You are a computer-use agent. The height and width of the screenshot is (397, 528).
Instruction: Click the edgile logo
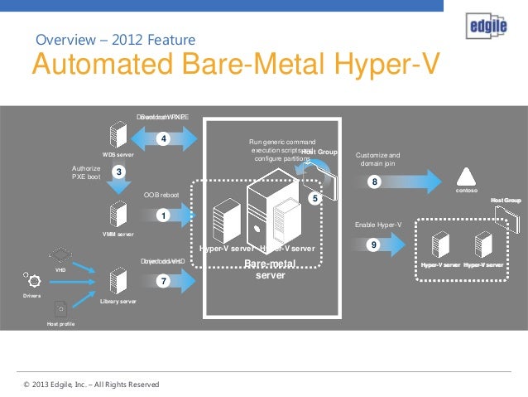[x=483, y=27]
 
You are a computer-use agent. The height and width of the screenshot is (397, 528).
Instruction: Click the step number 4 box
[x=164, y=138]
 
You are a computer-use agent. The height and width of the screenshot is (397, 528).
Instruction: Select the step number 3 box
[x=119, y=172]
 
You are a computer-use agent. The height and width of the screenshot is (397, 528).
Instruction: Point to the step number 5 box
[x=314, y=199]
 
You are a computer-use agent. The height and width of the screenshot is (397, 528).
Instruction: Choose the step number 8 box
[x=375, y=182]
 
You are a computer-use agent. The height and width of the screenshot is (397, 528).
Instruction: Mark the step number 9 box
[x=375, y=245]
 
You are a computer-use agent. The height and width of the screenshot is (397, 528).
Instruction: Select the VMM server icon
[x=118, y=215]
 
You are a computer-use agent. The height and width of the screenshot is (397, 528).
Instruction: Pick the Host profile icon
[x=60, y=308]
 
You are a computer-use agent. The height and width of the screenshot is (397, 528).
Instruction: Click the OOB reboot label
[x=161, y=195]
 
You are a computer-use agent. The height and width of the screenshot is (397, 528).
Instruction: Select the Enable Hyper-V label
[x=377, y=225]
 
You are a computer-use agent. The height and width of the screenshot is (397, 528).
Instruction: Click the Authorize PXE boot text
[x=85, y=172]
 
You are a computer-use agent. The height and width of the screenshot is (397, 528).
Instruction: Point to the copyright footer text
[x=91, y=385]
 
